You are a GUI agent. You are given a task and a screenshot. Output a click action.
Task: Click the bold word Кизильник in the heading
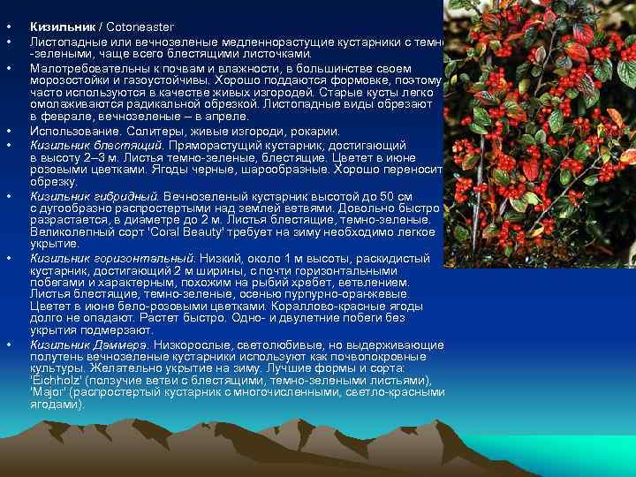click(57, 28)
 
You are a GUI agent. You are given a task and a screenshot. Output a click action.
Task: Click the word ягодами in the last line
click(56, 404)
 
